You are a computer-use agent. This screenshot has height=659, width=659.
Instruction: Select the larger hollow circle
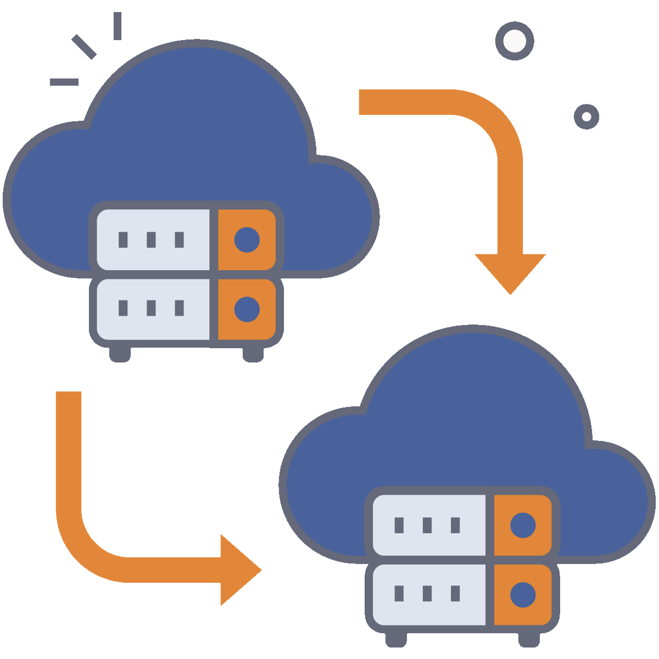point(515,41)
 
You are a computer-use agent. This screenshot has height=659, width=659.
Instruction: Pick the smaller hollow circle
point(587,116)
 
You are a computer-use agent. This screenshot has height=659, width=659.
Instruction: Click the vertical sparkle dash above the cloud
point(118,26)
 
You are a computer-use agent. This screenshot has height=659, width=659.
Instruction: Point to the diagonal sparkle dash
point(84,47)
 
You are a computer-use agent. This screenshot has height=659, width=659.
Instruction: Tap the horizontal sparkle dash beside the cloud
point(64,82)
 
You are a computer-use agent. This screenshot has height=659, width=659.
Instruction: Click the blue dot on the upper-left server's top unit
point(247,239)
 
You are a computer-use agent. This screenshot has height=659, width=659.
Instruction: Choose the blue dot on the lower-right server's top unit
point(523,526)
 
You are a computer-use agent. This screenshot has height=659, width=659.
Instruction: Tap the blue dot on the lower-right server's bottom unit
point(523,594)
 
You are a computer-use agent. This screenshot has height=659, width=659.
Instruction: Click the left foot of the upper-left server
point(120,354)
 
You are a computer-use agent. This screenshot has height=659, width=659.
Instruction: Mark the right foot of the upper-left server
point(253,354)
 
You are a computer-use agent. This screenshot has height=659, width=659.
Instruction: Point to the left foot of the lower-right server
point(396,639)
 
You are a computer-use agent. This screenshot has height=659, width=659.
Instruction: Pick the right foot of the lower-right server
point(529,639)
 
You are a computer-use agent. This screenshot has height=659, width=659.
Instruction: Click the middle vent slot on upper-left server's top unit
point(151,239)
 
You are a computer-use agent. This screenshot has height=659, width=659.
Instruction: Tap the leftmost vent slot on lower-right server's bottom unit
point(399,594)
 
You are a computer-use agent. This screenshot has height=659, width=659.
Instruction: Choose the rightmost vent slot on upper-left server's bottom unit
point(179,308)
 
